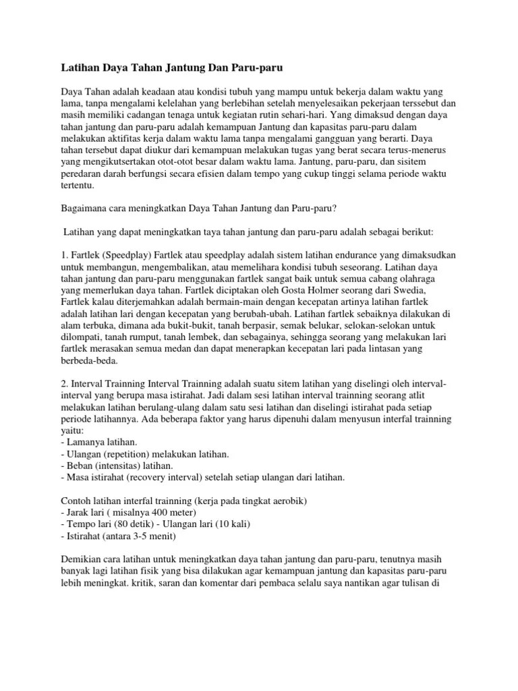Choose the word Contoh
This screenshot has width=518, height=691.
pyautogui.click(x=76, y=500)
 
